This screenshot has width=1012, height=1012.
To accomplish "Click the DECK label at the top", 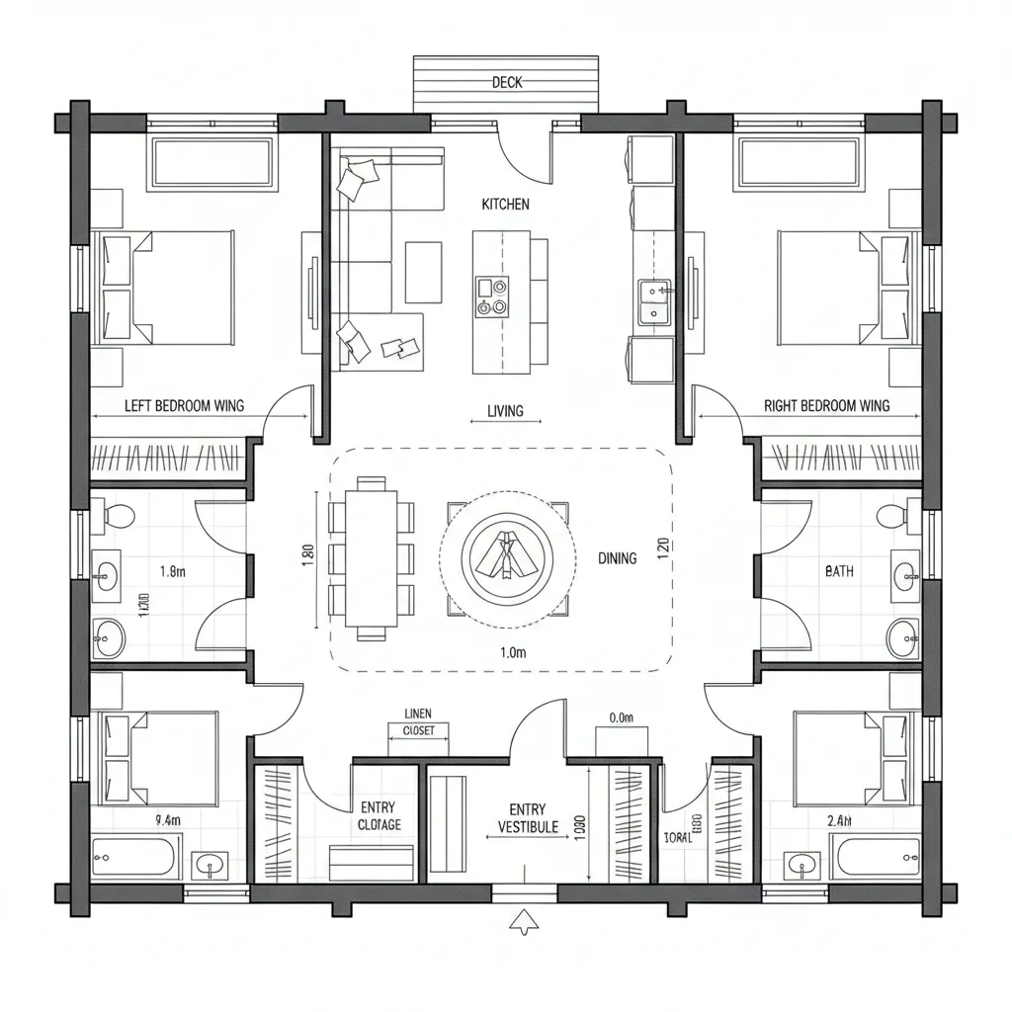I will pos(506,83).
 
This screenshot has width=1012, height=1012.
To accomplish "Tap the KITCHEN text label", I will pos(505,205).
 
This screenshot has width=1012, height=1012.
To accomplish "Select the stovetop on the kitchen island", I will pos(491,295).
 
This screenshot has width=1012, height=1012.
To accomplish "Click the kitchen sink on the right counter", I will pos(654,301).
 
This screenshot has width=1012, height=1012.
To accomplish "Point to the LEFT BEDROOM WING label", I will pos(184,405).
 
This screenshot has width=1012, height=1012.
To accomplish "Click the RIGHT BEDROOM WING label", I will pos(826,405).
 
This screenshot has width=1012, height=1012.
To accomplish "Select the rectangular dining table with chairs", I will pos(371,558).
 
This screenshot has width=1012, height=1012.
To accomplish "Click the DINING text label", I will pos(618,558).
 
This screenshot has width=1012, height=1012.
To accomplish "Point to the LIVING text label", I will pos(505,411).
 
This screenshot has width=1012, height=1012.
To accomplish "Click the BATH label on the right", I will pos(839,571).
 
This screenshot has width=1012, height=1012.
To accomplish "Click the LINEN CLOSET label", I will pos(418,722).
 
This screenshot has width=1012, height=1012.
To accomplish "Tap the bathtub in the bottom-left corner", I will pos(136,856).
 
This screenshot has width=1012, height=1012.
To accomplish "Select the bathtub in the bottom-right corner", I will pos(876,856).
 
